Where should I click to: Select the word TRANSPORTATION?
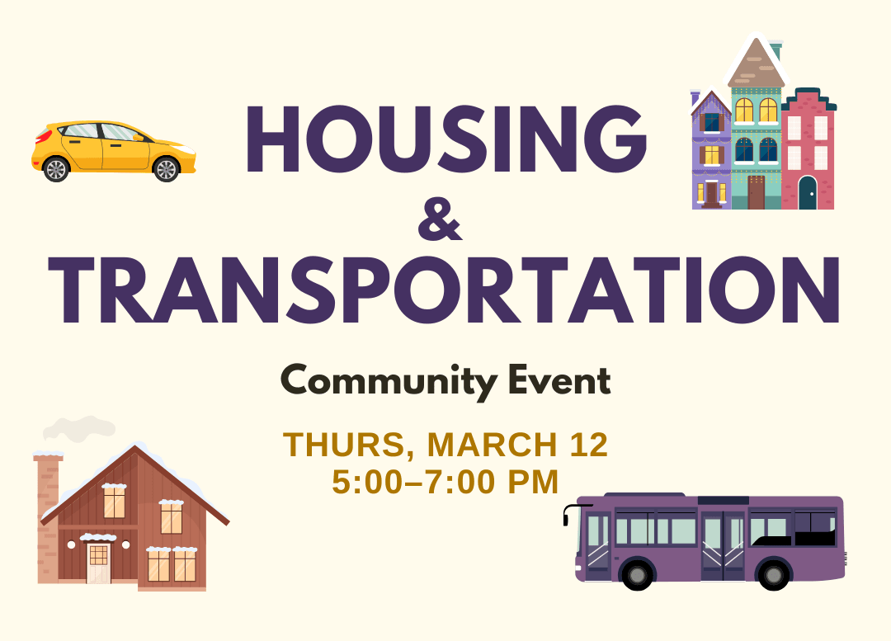click(x=445, y=290)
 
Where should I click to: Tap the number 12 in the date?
click(x=587, y=445)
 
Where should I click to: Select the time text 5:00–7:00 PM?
click(x=445, y=482)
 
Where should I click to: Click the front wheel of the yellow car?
click(x=166, y=169)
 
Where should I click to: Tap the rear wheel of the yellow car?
click(x=56, y=169)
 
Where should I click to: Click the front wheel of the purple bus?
click(x=637, y=573)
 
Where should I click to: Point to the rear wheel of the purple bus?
click(x=774, y=573)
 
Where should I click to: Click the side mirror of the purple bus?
click(x=567, y=516)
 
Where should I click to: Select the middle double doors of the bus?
click(x=723, y=544)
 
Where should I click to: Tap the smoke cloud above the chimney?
click(x=78, y=428)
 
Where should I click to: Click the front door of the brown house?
click(x=98, y=563)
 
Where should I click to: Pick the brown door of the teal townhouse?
click(x=756, y=192)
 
